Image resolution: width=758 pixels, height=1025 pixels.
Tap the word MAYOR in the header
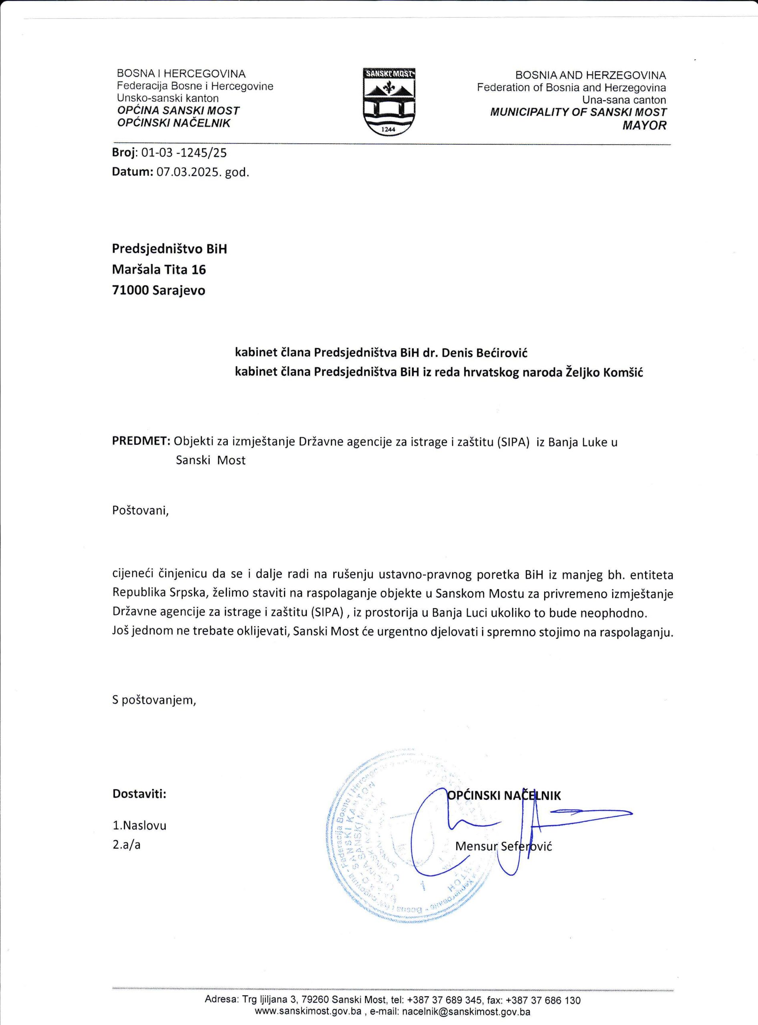(x=644, y=125)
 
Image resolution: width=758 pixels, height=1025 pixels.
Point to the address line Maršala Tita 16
(x=159, y=269)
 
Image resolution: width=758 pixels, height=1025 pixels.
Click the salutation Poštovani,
(x=141, y=510)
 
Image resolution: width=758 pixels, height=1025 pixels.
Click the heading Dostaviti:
(x=139, y=794)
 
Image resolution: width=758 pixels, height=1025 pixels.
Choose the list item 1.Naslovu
(x=139, y=826)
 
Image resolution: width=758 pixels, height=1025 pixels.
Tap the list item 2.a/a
(x=126, y=844)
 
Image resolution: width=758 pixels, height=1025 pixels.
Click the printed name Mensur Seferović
(x=503, y=846)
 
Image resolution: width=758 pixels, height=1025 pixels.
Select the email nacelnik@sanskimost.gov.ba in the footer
(x=466, y=1012)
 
